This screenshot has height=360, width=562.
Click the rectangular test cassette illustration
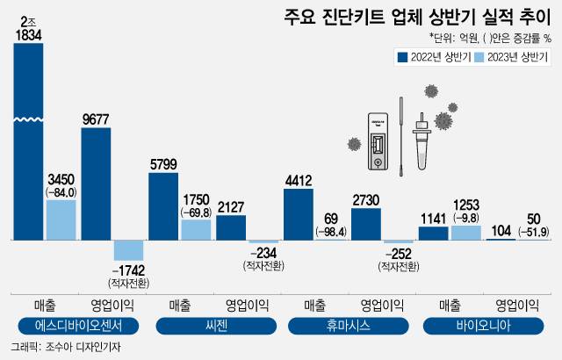(377, 141)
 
